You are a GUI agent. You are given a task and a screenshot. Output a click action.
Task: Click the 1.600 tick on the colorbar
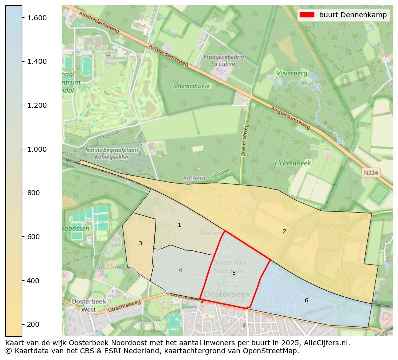pos(22,18)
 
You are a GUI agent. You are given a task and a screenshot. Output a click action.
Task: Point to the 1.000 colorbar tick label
pos(37,149)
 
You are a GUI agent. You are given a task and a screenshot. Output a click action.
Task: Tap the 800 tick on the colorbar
pos(22,193)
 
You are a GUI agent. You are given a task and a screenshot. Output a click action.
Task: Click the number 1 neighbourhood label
pos(179,225)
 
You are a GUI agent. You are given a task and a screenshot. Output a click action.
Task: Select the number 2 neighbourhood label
pos(284,231)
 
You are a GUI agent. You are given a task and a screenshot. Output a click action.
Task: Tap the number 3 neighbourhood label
pos(140,244)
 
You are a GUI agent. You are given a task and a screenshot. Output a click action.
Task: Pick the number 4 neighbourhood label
pos(180,271)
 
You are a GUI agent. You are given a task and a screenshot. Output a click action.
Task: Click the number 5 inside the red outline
pos(234,273)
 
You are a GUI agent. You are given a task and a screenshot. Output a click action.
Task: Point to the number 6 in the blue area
pos(306,300)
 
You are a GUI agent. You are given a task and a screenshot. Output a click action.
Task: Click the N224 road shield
pos(371,173)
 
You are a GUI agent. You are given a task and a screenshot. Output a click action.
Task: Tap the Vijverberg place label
pos(291,73)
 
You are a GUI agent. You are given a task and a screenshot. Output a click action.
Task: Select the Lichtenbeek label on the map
pos(293,163)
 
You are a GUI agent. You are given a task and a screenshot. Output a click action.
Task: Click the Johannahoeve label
pos(191,86)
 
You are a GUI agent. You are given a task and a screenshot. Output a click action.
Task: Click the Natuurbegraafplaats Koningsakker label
pos(107,153)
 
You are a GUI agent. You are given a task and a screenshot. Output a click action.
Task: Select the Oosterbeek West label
pos(83,305)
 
